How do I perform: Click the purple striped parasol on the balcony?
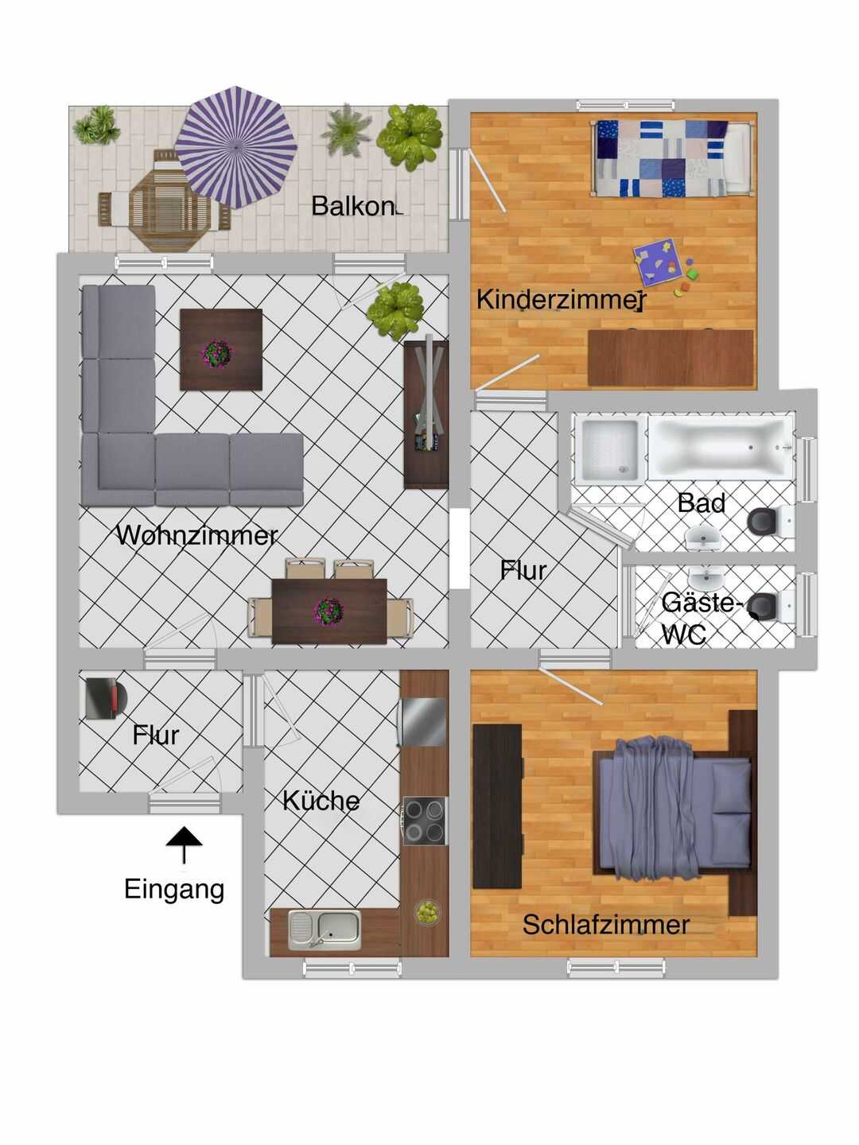(x=235, y=146)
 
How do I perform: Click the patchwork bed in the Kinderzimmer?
(x=672, y=158)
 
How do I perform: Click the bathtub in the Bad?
(x=721, y=447)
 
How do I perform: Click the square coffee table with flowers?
(x=220, y=350)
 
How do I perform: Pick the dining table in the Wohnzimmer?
(x=329, y=611)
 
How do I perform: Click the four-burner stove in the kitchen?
(x=425, y=821)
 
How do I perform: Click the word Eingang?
(x=174, y=890)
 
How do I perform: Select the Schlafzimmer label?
(x=606, y=925)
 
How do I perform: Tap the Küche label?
(x=321, y=801)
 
